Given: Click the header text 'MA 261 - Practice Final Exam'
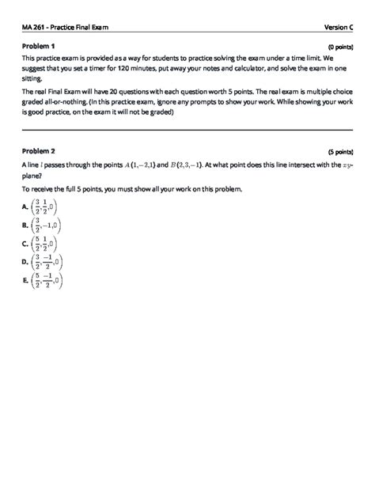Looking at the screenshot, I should (x=66, y=28).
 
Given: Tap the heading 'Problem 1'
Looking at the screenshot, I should (x=38, y=47).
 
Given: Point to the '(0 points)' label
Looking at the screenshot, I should (x=339, y=47).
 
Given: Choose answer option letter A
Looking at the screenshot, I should (x=26, y=208).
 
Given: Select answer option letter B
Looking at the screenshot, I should (x=26, y=225).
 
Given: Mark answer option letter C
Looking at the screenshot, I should (x=26, y=244).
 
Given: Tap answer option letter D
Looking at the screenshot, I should (x=26, y=261).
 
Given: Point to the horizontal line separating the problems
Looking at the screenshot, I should (x=187, y=130).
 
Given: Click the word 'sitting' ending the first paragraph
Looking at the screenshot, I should (x=32, y=80).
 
